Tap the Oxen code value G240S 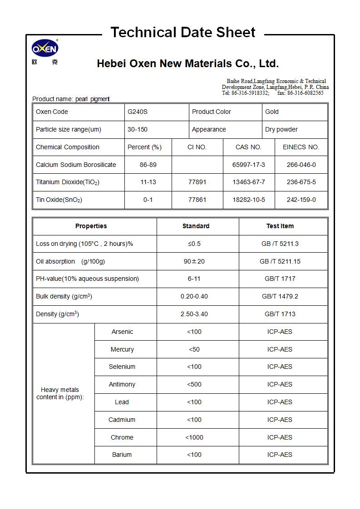point(137,112)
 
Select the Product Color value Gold point(272,112)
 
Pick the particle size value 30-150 point(137,129)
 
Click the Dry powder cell point(281,129)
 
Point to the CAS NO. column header point(248,147)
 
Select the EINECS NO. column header point(301,147)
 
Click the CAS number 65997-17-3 point(248,165)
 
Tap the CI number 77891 point(197,182)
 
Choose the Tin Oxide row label point(59,200)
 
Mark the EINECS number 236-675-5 point(301,182)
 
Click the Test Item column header point(280,226)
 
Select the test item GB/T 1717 point(280,279)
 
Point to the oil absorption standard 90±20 point(194,261)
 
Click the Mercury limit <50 point(194,349)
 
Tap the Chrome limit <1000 point(194,437)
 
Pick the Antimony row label point(122,384)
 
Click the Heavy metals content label point(60,393)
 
